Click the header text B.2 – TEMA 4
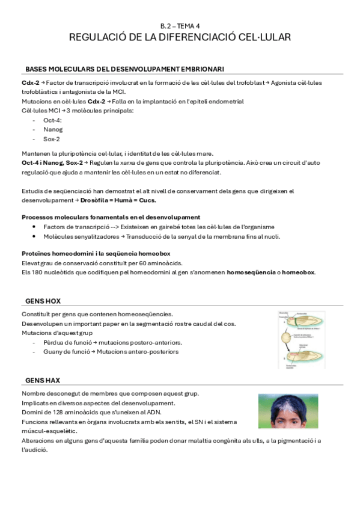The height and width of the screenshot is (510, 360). (180, 26)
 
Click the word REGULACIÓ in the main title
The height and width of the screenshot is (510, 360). (99, 37)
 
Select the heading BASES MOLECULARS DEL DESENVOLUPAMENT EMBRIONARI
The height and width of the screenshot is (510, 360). (125, 69)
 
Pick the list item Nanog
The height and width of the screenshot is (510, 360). (53, 129)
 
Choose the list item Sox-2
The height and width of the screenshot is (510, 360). (52, 138)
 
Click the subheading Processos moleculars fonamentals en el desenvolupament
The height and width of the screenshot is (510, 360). (111, 217)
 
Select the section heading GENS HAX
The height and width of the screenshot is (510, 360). (43, 380)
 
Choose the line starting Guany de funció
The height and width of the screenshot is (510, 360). (111, 351)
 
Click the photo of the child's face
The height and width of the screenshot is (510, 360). (288, 411)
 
